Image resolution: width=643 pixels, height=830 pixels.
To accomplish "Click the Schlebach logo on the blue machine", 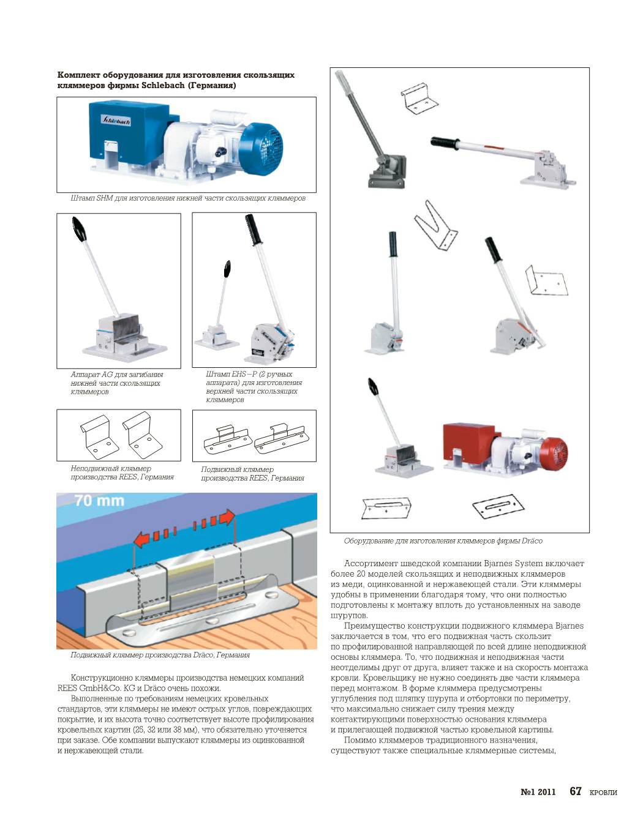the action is (116, 120).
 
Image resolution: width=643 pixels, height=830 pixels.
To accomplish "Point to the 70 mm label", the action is (99, 500).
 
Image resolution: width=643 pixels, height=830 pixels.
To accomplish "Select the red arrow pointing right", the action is (213, 520).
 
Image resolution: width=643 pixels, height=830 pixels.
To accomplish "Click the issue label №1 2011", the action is (538, 791).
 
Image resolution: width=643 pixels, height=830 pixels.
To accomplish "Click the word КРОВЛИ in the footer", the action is (603, 792).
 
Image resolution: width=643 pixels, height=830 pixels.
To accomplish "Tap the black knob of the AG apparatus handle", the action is (80, 228).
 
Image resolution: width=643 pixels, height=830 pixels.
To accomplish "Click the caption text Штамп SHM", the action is (92, 198).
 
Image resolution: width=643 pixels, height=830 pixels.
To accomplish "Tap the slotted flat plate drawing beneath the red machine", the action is (498, 507).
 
